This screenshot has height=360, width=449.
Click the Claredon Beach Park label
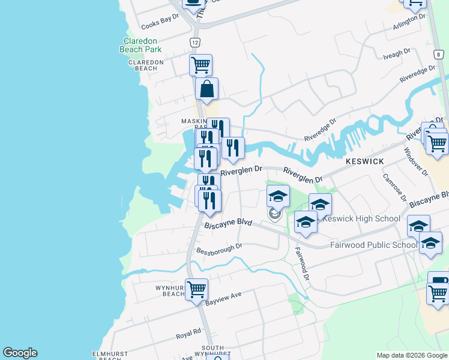(x=139, y=45)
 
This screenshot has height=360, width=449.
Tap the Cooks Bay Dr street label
(x=160, y=22)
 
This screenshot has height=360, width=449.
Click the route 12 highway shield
(x=194, y=43)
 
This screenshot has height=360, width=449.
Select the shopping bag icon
(x=206, y=89)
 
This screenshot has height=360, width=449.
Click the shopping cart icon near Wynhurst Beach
(x=196, y=289)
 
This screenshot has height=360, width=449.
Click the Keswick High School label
(x=361, y=218)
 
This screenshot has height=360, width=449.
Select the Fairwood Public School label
(x=373, y=245)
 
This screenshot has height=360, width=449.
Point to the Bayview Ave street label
(x=223, y=297)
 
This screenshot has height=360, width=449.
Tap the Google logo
(x=20, y=353)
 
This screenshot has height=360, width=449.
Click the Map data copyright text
(x=412, y=355)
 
